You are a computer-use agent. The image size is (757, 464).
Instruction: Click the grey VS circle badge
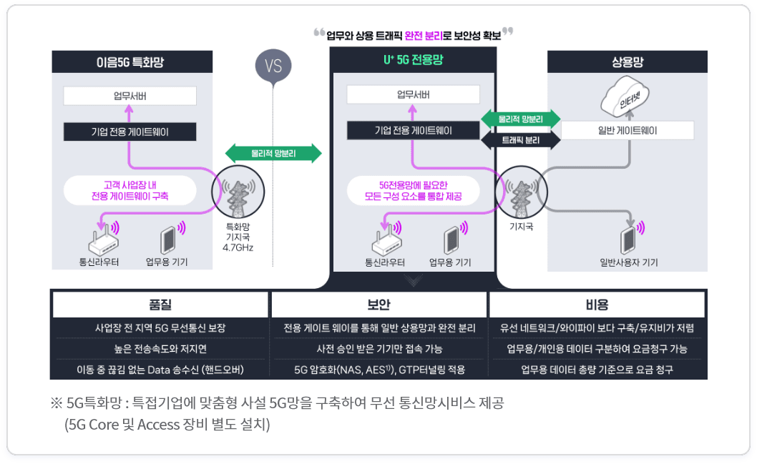click(273, 66)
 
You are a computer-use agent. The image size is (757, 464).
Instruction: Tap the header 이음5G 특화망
click(130, 62)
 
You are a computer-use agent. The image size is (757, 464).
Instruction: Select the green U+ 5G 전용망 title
click(414, 60)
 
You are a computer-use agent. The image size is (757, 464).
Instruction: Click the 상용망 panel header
click(627, 61)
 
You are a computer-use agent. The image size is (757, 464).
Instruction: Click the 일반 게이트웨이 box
click(627, 130)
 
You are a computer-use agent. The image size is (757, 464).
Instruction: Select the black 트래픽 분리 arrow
click(520, 140)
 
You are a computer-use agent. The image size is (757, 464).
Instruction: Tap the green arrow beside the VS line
click(273, 154)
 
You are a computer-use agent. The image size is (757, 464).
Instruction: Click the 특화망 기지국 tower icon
click(238, 192)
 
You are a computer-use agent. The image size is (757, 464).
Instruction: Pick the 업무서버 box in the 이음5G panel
click(130, 96)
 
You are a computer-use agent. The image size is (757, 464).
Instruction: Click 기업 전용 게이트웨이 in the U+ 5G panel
click(414, 130)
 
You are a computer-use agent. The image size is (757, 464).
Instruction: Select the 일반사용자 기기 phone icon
click(629, 240)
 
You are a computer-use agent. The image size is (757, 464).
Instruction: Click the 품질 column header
click(160, 305)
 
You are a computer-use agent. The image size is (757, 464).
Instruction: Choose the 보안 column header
click(379, 305)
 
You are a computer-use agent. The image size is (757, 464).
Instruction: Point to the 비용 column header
click(597, 305)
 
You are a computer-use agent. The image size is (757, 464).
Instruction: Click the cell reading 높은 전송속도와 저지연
click(160, 349)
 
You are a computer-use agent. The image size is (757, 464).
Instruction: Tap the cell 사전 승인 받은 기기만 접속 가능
click(379, 349)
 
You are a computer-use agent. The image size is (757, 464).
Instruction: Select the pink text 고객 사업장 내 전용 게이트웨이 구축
click(130, 190)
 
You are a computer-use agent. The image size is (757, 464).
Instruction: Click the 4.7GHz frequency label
click(238, 247)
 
